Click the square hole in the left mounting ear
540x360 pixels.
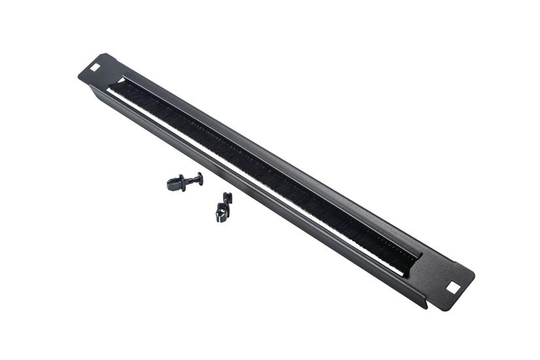tap(95, 67)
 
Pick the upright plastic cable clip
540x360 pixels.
tap(223, 208)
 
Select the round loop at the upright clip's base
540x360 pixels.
tap(221, 214)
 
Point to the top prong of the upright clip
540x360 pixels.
tap(227, 197)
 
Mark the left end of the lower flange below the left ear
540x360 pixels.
tap(92, 88)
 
